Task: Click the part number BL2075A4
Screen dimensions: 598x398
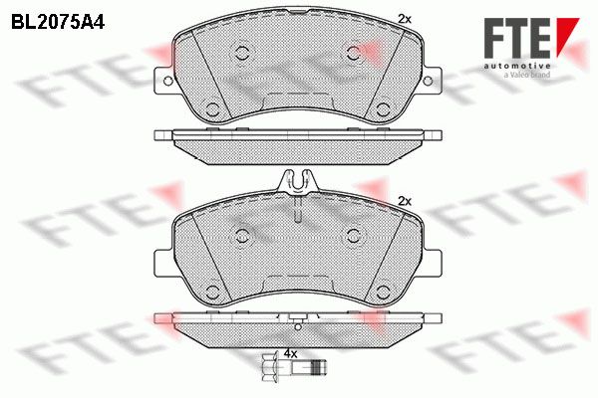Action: coord(58,23)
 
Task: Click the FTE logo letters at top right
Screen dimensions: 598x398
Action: coord(517,38)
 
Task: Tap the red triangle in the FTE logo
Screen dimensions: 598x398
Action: coord(567,35)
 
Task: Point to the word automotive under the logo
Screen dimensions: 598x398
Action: coord(517,67)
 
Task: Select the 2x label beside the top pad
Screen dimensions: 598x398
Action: coord(405,19)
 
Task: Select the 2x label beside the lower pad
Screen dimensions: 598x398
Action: coord(405,201)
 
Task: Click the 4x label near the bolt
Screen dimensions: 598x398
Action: coord(290,354)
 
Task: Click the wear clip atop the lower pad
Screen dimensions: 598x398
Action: coord(299,182)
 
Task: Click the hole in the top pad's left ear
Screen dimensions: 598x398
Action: coord(167,81)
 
